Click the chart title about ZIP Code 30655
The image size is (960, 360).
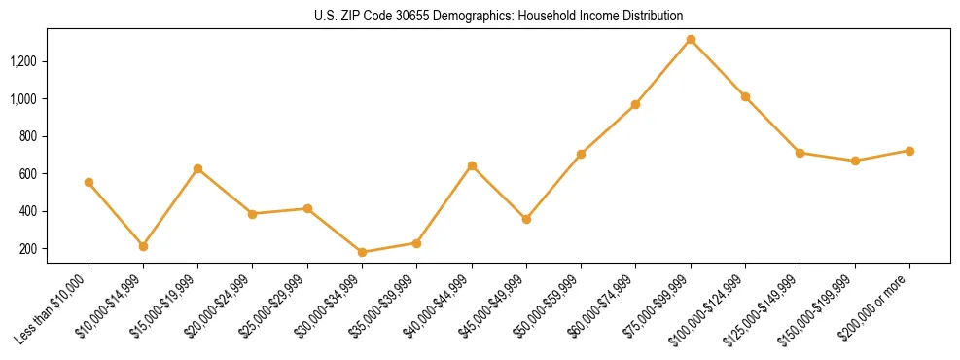click(x=499, y=16)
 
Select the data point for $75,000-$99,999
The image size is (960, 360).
click(x=691, y=40)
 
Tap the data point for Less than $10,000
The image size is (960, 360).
click(x=89, y=182)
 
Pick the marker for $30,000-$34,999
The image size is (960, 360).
click(x=362, y=252)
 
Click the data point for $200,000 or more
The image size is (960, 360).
click(x=909, y=151)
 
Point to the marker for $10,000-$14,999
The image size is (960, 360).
click(x=143, y=246)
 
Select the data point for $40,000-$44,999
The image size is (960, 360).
click(x=472, y=165)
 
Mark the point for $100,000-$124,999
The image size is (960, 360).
click(x=745, y=96)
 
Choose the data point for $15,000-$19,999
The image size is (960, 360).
click(x=197, y=168)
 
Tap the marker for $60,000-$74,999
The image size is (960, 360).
click(x=635, y=104)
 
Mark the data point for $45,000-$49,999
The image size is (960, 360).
click(x=526, y=219)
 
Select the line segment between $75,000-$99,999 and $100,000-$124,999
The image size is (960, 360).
click(x=718, y=68)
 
